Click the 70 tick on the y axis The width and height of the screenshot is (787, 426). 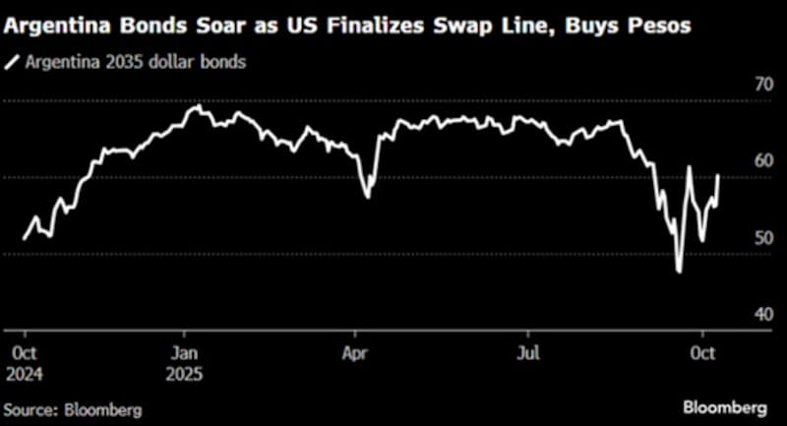[736, 86]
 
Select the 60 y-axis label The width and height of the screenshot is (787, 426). [736, 161]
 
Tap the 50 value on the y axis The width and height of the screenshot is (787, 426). [736, 238]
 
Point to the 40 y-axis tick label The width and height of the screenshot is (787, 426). [736, 314]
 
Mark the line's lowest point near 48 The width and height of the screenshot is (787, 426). [679, 272]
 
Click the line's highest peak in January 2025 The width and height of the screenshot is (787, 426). [198, 105]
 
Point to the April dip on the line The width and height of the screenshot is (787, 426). [368, 198]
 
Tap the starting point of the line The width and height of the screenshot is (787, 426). [23, 239]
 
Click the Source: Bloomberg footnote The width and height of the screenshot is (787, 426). [73, 408]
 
